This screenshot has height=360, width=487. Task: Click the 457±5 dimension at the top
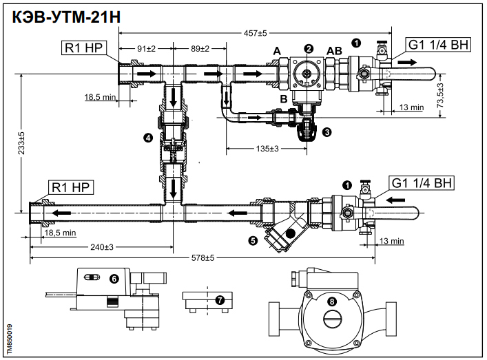click(254, 32)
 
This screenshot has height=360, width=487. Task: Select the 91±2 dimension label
click(144, 50)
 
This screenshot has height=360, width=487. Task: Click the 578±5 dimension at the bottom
click(202, 257)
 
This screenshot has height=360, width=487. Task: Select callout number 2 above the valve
click(309, 48)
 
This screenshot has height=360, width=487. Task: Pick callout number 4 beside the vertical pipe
click(147, 138)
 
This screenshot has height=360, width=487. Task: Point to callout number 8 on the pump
click(333, 301)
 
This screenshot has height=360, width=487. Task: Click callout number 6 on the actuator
click(114, 279)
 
